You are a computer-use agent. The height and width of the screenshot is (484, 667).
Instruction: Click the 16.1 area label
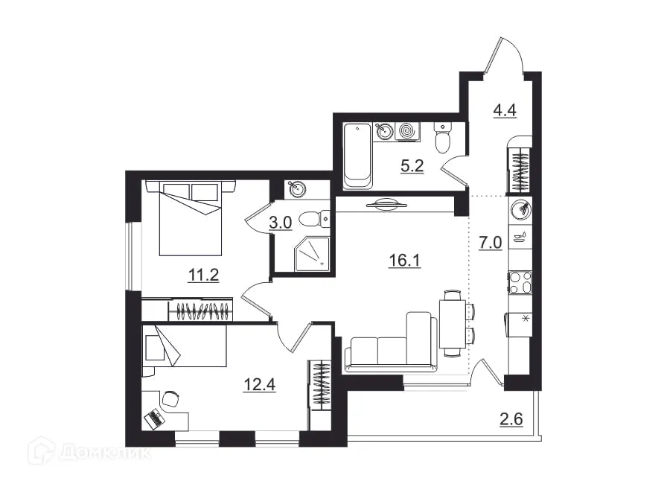click(x=404, y=259)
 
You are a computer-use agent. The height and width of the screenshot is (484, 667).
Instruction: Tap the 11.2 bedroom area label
click(x=203, y=276)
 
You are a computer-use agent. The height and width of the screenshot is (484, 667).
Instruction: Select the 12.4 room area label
click(x=260, y=384)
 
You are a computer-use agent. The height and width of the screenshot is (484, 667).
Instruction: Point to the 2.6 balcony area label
click(x=511, y=419)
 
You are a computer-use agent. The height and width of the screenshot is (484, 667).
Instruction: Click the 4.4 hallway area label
click(x=505, y=110)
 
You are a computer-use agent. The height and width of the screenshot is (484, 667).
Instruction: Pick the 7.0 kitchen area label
click(x=491, y=243)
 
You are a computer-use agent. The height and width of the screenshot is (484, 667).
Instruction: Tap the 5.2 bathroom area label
click(x=412, y=166)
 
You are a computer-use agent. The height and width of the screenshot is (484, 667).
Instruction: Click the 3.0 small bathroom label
click(x=281, y=223)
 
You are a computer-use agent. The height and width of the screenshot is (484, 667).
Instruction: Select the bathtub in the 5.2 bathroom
click(x=358, y=156)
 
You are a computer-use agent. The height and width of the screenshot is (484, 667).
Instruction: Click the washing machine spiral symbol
click(x=407, y=131)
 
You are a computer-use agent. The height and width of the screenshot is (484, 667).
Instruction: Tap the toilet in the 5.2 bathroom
click(x=443, y=137)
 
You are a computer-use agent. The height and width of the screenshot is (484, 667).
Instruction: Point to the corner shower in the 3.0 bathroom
click(x=311, y=254)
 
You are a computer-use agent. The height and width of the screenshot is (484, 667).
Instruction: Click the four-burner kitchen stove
click(x=520, y=283)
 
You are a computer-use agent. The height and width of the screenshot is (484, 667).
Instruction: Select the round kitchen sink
click(x=520, y=208)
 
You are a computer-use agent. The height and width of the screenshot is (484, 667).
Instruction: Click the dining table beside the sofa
click(x=452, y=324)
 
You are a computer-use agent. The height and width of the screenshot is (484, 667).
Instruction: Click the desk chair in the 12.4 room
click(x=170, y=399)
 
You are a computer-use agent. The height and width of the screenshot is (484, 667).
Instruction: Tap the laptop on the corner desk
click(x=154, y=418)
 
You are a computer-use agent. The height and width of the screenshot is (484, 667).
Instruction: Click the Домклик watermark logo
click(x=90, y=452)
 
